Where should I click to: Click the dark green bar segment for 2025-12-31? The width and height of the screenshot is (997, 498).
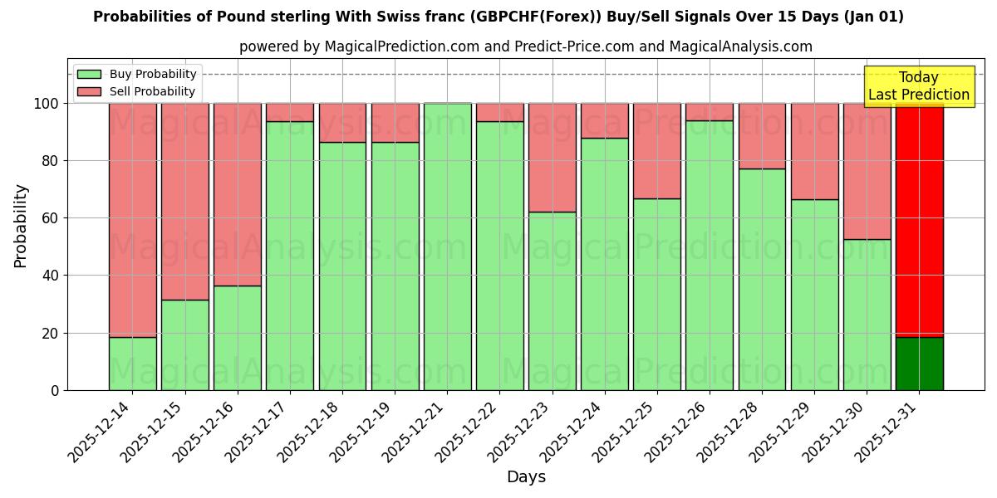[x=919, y=363]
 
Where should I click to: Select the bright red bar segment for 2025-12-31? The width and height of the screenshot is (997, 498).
[x=919, y=220]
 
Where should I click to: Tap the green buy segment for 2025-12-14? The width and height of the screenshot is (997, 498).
[x=133, y=363]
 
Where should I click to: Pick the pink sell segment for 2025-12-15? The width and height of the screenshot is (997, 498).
[x=185, y=201]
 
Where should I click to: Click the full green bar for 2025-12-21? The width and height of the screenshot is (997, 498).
[x=448, y=247]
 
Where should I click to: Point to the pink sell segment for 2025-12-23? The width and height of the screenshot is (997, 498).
[x=553, y=158]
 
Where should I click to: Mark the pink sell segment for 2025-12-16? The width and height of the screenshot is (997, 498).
[x=238, y=194]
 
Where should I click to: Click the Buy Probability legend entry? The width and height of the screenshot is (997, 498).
[x=136, y=75]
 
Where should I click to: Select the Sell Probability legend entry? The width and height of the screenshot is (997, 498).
[x=136, y=91]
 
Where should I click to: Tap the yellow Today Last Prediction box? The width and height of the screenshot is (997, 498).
[x=918, y=86]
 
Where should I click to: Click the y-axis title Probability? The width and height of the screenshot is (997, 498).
[x=21, y=225]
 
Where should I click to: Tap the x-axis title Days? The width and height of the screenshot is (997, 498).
[x=526, y=477]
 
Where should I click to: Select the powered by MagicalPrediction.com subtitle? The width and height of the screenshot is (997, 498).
[x=525, y=46]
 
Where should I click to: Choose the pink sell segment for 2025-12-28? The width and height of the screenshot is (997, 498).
[x=762, y=136]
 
